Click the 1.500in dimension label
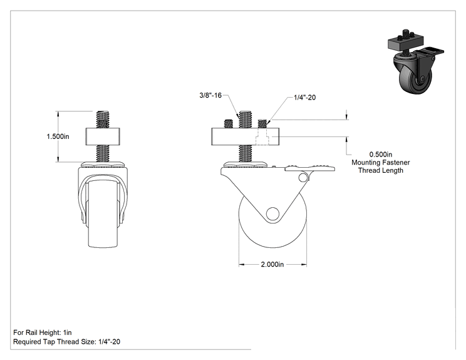point(58,136)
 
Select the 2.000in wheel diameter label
point(272,264)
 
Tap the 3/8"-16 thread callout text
point(210,95)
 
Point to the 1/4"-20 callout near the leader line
point(304,98)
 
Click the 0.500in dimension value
point(381,155)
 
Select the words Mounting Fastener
point(381,163)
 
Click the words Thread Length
point(381,170)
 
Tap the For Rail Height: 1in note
point(43,332)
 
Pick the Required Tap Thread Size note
point(66,342)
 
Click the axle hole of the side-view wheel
point(272,214)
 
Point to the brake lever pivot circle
point(303,178)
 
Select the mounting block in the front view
point(103,136)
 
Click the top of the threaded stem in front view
point(103,111)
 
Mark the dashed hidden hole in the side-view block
point(262,136)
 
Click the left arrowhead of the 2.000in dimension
point(242,264)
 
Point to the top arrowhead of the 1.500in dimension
point(58,113)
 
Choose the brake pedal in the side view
point(309,168)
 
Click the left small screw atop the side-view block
point(228,123)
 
